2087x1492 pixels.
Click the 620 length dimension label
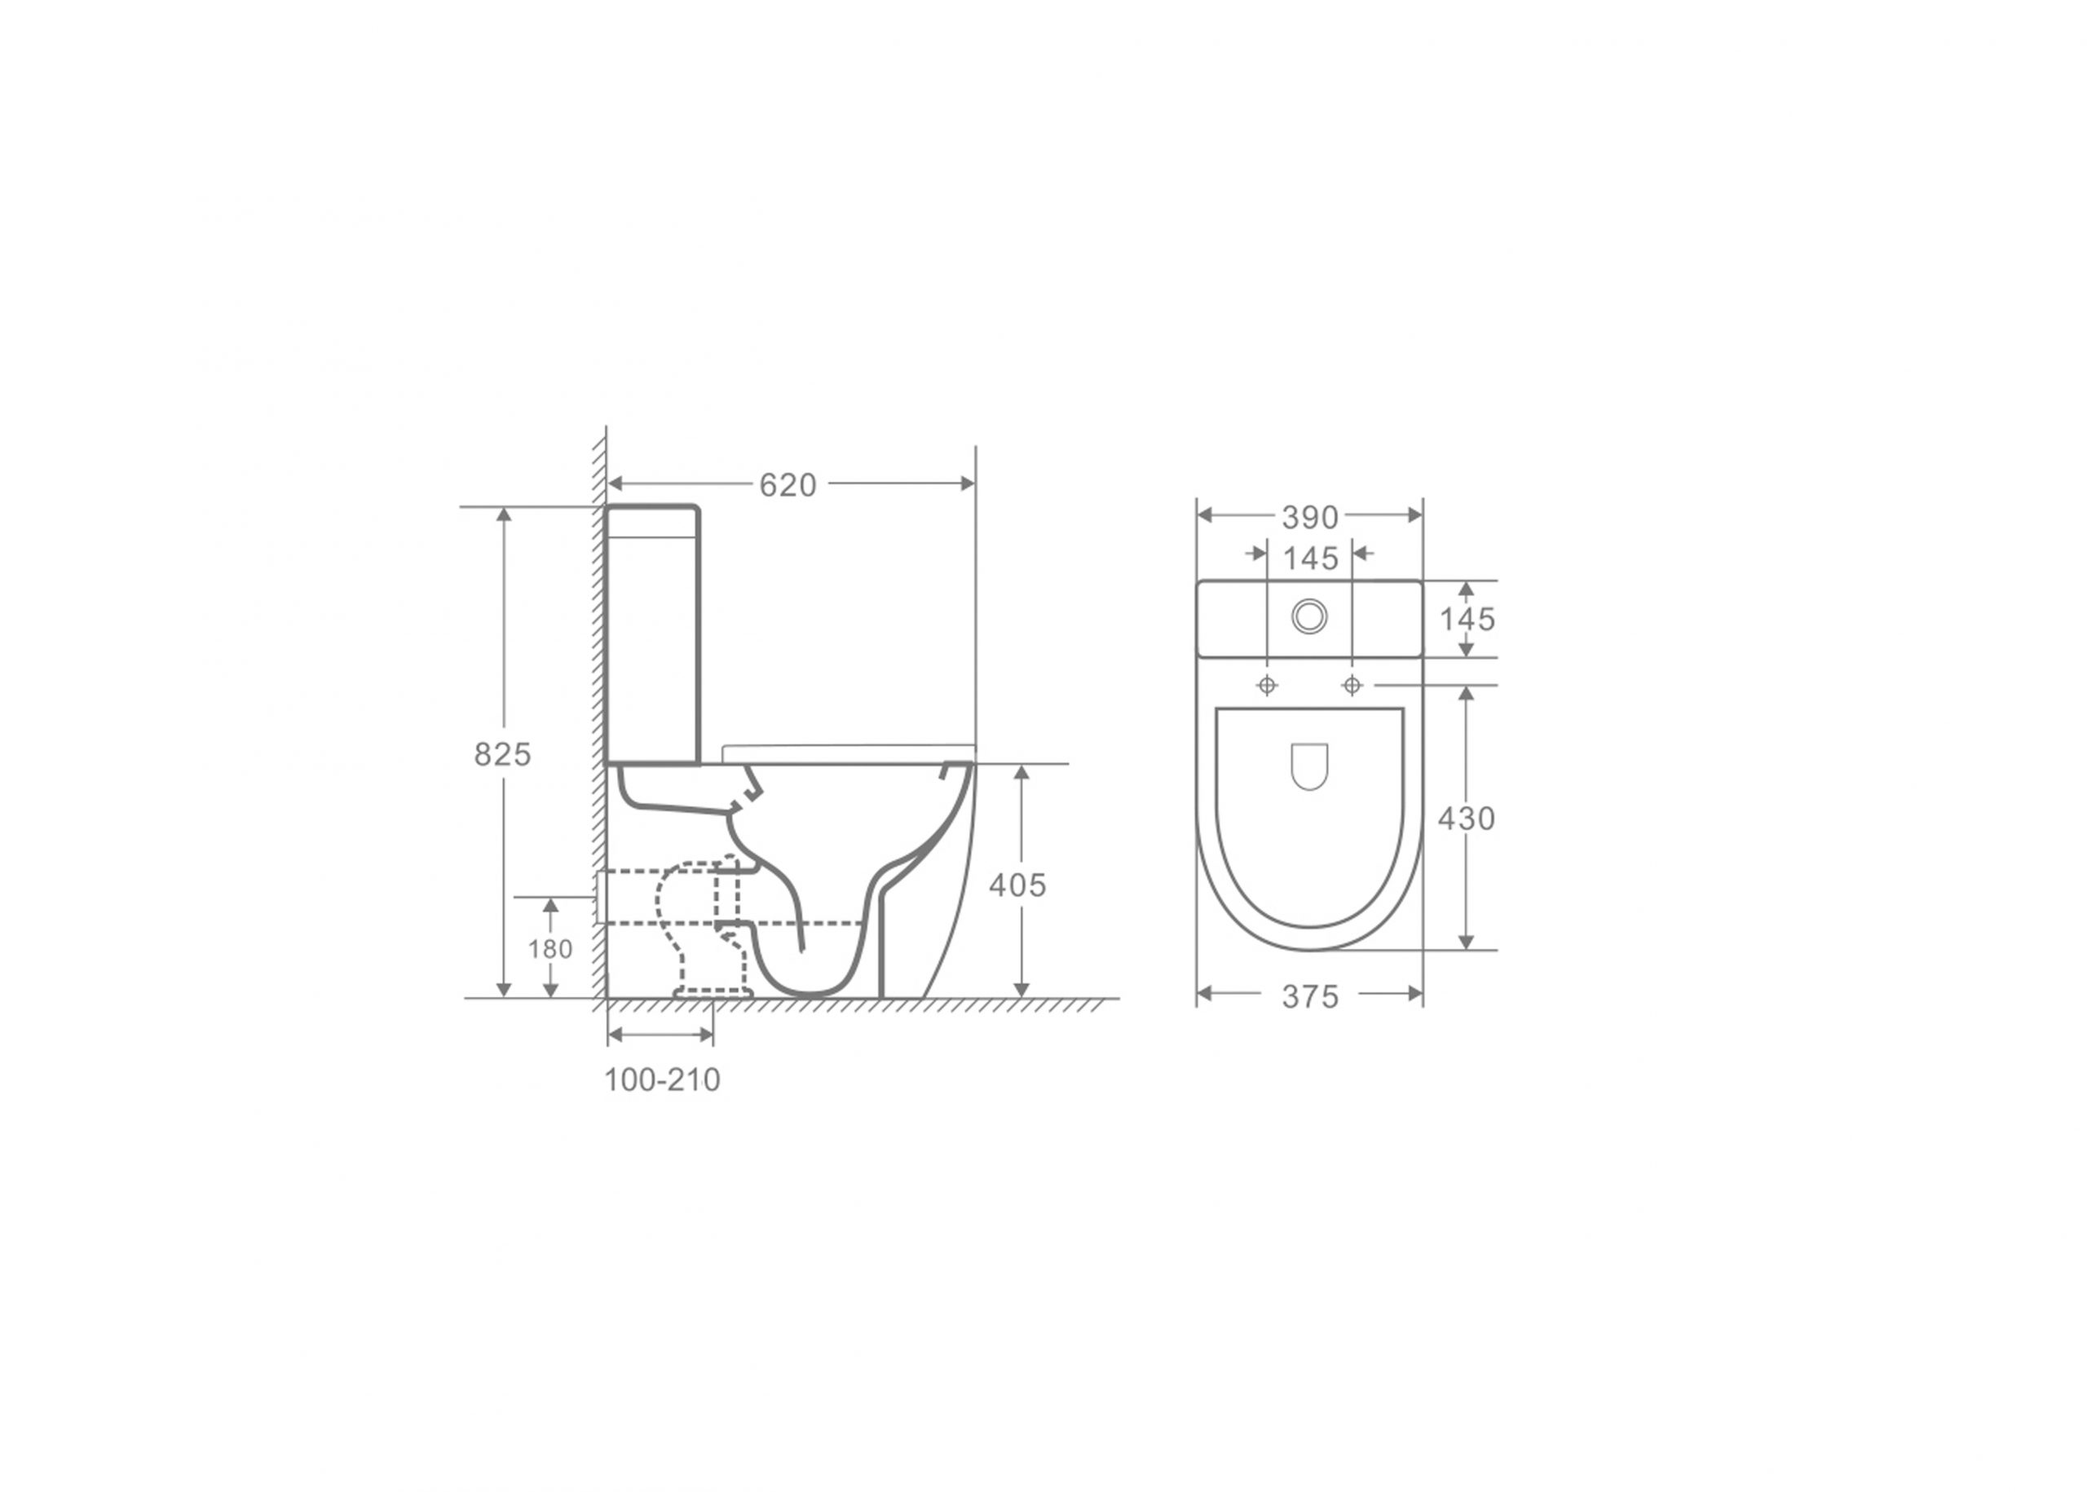[788, 485]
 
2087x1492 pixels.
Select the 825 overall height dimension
[502, 754]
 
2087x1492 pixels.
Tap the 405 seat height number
[1017, 885]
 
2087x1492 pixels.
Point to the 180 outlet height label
[550, 949]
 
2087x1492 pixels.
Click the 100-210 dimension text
[661, 1079]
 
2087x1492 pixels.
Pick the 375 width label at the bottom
[1310, 997]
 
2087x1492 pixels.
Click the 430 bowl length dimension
[1466, 819]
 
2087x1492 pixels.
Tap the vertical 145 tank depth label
[1467, 619]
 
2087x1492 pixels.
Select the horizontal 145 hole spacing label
[1311, 558]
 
